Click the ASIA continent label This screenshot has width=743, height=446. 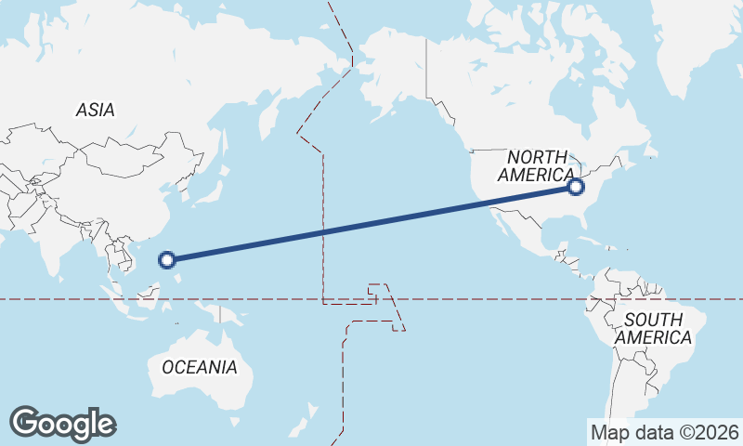point(96,110)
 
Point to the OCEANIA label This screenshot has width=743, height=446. point(199,367)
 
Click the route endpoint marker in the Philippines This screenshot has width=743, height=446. point(167,260)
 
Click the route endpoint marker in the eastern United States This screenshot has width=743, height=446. point(576,187)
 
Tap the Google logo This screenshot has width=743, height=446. point(62,424)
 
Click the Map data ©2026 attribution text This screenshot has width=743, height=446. point(665,432)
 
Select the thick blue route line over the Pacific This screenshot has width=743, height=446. point(371,224)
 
